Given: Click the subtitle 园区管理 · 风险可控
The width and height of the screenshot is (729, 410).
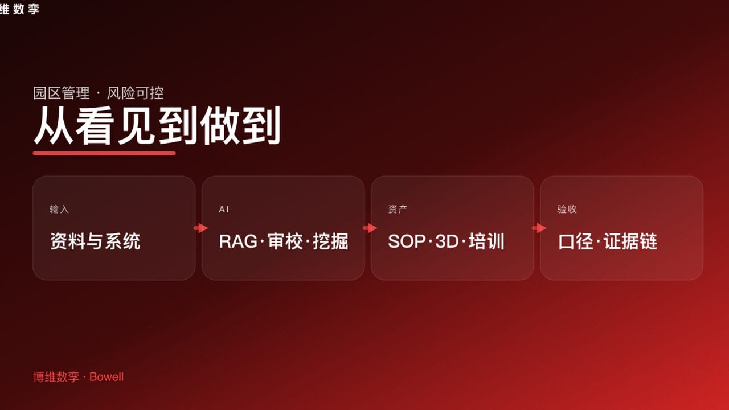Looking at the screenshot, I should [99, 93].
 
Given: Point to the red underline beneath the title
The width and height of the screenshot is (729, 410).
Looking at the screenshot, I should [104, 153].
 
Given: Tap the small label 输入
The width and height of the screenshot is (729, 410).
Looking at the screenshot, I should [59, 209].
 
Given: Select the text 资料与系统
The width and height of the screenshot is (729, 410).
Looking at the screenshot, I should [95, 241].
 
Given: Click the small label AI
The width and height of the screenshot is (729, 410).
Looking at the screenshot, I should [224, 209].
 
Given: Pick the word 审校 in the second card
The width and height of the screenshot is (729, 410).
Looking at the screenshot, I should [285, 241].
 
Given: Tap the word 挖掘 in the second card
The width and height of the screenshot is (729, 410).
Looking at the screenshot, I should [330, 241].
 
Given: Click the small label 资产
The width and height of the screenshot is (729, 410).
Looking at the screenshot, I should [398, 209].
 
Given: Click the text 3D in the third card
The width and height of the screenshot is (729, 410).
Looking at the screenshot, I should [447, 241].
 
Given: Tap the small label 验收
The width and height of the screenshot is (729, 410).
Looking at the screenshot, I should [567, 209].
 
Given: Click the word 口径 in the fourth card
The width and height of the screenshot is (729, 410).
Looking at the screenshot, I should [575, 241].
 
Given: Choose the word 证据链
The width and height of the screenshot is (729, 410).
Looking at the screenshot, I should [630, 241].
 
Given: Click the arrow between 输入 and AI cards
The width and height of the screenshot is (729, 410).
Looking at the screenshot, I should [200, 228].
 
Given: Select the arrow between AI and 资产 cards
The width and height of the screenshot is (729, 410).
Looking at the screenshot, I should [370, 228].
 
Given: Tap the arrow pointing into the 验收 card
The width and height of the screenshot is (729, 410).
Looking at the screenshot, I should [539, 228].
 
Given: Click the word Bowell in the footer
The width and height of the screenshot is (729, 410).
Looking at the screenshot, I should [107, 377].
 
